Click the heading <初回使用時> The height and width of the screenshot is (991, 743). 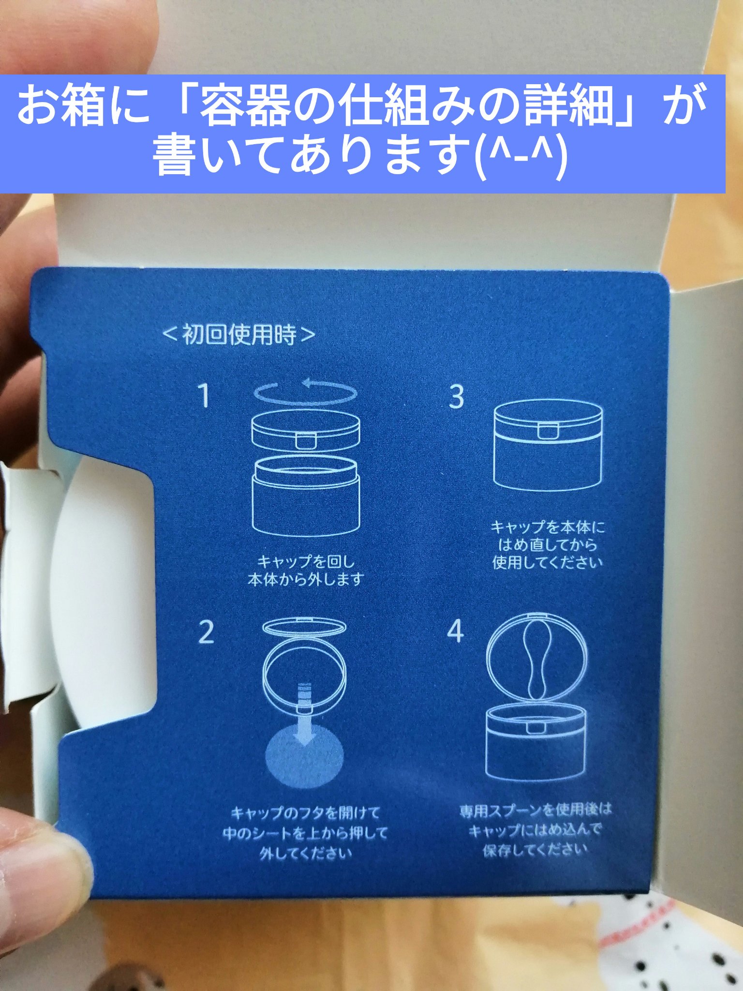click(239, 334)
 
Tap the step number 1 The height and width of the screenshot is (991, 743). click(205, 395)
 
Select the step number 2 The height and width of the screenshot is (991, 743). click(206, 631)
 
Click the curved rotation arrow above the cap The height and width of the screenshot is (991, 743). click(306, 392)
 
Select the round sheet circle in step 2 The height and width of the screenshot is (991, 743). click(305, 754)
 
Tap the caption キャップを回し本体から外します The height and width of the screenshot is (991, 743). click(306, 571)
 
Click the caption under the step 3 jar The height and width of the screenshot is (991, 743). click(548, 544)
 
